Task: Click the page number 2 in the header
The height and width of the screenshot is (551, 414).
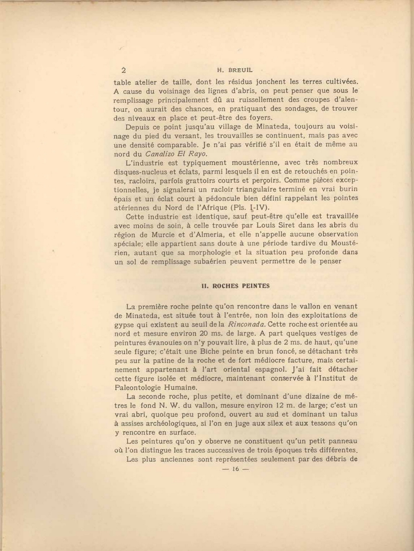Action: click(x=124, y=70)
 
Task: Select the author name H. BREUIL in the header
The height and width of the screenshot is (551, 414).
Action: click(x=235, y=70)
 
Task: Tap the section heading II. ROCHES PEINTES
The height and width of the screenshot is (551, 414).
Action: click(x=236, y=286)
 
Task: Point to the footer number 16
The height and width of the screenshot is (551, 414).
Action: click(x=236, y=469)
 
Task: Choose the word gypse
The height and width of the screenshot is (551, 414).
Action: click(x=123, y=324)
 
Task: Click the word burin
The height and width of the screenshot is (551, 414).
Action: click(x=347, y=189)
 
